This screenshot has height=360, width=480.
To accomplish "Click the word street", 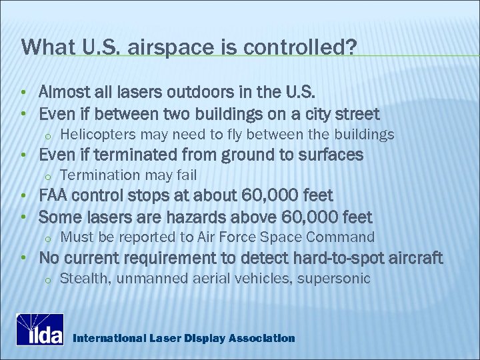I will click(357, 114).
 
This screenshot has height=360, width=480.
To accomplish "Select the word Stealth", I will click(81, 279).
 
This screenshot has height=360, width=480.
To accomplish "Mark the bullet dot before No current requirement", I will click(23, 259).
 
